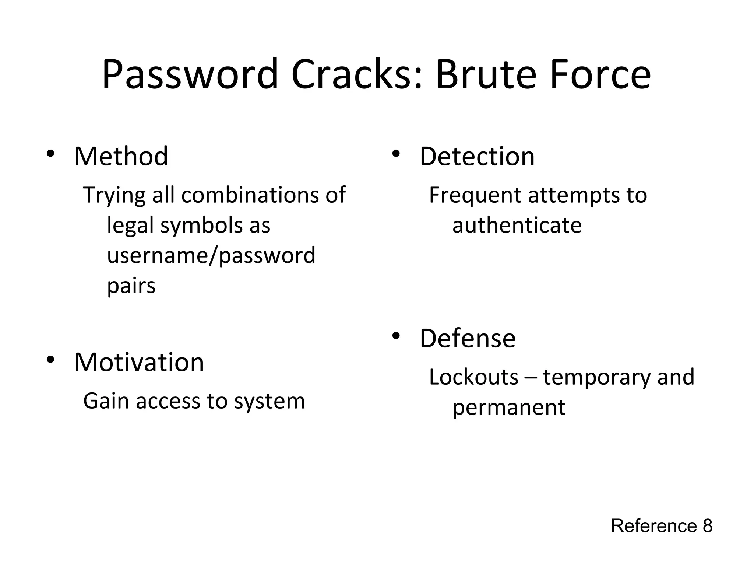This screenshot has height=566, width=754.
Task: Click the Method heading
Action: (x=121, y=157)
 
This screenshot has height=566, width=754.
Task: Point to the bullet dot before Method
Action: (x=50, y=154)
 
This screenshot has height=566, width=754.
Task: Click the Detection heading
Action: (x=477, y=157)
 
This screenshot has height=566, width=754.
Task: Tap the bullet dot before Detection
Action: (x=396, y=154)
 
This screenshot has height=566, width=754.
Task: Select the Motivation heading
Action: (x=139, y=363)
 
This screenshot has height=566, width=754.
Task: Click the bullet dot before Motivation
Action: (x=50, y=360)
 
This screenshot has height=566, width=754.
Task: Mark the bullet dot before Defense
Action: (x=396, y=336)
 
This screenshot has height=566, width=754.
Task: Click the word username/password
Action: (x=211, y=255)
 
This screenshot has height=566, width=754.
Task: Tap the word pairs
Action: (x=131, y=286)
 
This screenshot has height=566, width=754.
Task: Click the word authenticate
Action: (x=517, y=225)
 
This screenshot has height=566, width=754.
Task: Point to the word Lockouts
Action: (x=473, y=377)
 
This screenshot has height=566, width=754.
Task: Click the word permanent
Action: (x=508, y=408)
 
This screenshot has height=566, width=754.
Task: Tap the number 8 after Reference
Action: (x=707, y=526)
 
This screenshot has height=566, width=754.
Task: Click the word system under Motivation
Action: (x=269, y=402)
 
